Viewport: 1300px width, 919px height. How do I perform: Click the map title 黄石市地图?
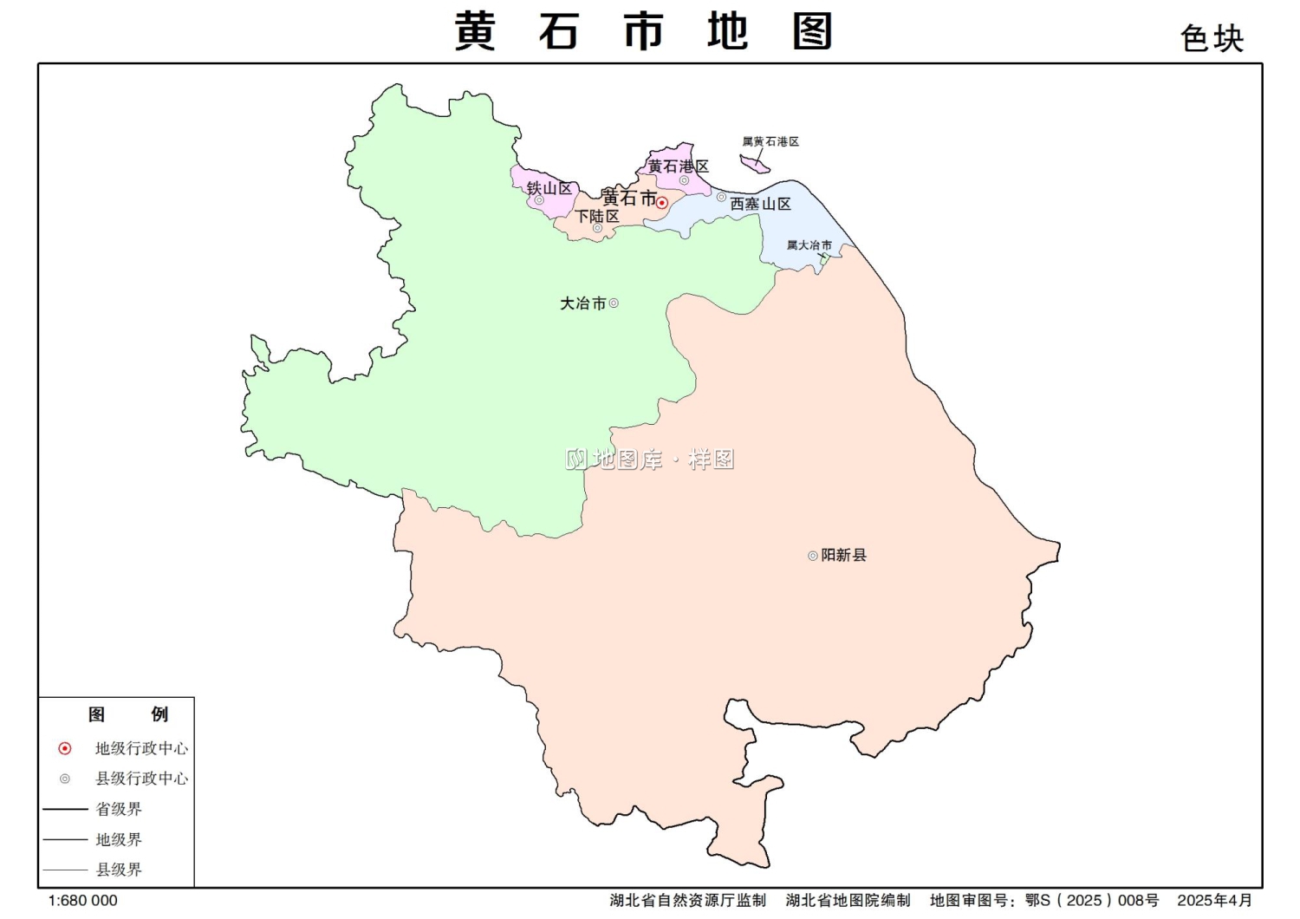tap(643, 32)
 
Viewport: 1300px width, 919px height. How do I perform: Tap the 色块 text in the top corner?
tap(1212, 39)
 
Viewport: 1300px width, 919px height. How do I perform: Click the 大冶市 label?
tap(582, 303)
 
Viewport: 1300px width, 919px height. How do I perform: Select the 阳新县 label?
tap(843, 555)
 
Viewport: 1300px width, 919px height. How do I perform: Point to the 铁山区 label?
tap(549, 188)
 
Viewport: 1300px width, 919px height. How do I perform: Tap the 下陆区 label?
tap(598, 216)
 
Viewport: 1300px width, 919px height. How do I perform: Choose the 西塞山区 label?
tap(760, 204)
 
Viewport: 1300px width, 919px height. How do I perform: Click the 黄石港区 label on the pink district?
tap(679, 166)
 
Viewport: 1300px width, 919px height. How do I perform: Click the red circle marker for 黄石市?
tap(661, 203)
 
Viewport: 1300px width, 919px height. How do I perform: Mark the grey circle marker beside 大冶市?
tap(614, 303)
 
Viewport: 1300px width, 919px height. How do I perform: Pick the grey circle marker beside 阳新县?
tap(812, 556)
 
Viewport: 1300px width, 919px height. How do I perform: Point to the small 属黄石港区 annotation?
tap(770, 141)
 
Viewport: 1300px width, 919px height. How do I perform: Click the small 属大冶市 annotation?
tap(809, 245)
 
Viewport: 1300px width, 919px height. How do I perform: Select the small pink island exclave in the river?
tap(754, 163)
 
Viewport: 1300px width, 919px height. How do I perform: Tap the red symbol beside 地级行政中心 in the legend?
tap(65, 748)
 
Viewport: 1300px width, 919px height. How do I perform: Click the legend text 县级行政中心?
tap(141, 779)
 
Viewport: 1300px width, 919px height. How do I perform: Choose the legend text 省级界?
tap(119, 809)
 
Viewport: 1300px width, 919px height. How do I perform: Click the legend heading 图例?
tap(127, 714)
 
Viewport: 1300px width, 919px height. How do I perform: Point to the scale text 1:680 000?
tap(82, 901)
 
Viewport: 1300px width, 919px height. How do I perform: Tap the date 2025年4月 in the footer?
tap(1214, 901)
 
